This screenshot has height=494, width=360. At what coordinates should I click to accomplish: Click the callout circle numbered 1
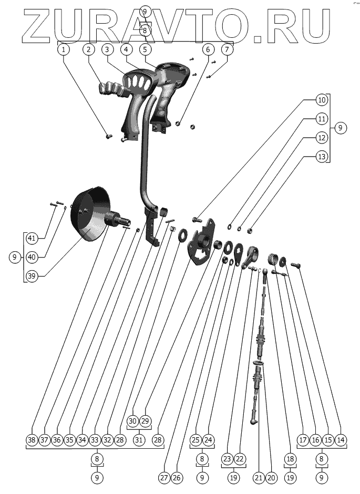64,49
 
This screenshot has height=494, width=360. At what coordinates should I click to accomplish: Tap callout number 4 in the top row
126,49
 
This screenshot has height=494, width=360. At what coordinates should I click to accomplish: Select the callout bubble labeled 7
227,49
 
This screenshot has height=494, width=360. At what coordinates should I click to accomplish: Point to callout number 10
322,99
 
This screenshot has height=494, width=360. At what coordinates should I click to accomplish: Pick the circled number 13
322,156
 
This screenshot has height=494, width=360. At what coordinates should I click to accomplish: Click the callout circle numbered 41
32,238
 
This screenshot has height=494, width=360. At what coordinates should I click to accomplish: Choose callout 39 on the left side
32,276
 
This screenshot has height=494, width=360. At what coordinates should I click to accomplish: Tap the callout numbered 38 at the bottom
33,439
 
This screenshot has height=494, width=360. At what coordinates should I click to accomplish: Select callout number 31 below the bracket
139,439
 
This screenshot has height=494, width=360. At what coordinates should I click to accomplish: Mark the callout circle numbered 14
342,439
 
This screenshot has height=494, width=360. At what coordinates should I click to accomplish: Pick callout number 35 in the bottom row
70,439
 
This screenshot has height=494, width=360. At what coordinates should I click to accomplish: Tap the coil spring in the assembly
273,259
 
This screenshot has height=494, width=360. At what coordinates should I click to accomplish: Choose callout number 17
302,439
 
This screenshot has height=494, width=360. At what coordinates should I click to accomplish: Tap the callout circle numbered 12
322,137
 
